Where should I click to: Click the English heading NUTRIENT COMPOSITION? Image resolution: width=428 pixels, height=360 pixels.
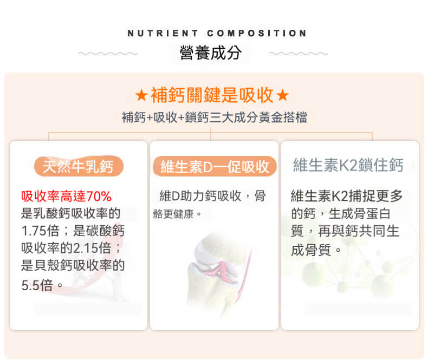point(217,33)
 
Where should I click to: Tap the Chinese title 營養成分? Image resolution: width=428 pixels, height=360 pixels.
point(210,53)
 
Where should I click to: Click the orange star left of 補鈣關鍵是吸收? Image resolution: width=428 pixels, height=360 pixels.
point(141,95)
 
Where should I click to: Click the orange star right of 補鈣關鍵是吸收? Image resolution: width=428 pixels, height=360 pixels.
point(282,95)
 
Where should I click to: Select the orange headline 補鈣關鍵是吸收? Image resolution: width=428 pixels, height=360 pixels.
point(212,95)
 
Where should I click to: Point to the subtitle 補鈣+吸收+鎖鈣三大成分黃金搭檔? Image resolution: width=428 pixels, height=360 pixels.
point(215,117)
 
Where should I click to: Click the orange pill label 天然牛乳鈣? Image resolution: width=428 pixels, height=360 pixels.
point(79,166)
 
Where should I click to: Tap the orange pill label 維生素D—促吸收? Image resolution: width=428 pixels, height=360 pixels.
point(215,166)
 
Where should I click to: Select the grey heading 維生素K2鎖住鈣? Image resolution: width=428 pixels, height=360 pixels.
point(348,165)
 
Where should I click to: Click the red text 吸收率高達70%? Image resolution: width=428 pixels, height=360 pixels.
point(66,196)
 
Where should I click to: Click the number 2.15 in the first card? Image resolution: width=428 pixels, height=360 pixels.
point(86,248)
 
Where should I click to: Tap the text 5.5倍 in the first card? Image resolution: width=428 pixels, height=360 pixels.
point(37,285)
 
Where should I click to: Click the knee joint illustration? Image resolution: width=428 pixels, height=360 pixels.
point(218,273)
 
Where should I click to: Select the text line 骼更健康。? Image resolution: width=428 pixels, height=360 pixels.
point(177,214)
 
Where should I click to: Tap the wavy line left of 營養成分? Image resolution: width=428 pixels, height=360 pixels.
point(108,54)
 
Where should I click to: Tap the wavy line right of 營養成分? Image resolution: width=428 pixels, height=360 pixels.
point(299,54)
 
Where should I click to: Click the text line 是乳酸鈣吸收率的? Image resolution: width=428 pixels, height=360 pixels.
point(70,213)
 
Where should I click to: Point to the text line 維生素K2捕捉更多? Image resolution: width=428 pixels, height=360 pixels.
point(347,196)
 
